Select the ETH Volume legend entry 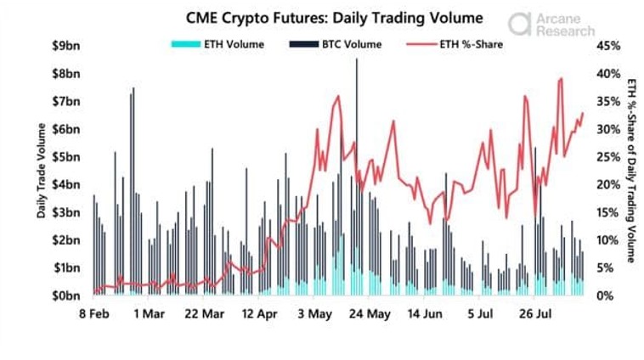pos(217,44)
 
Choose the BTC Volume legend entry pos(336,44)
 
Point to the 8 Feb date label pos(93,314)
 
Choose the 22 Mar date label pos(204,314)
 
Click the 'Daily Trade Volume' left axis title pos(41,170)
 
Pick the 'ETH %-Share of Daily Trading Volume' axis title pos(630,170)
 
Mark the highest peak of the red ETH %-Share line pos(562,79)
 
